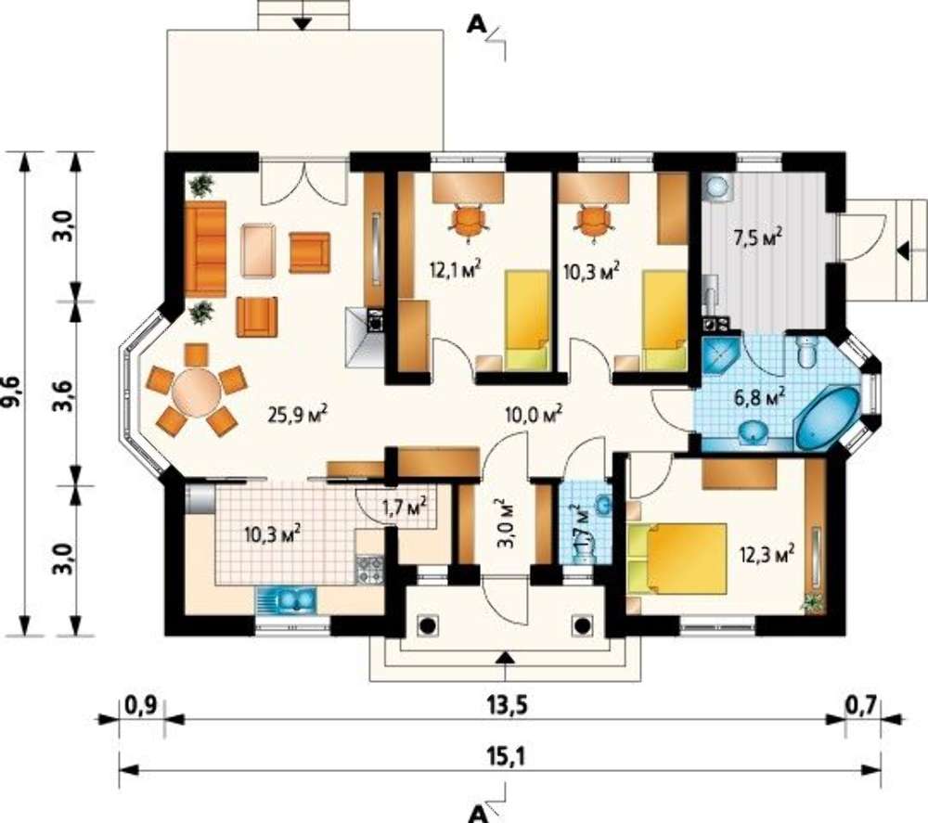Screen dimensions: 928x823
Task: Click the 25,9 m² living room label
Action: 298,414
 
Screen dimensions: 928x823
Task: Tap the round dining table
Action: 196,392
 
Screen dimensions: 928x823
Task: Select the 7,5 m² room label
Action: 758,237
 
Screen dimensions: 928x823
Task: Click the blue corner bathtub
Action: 827,418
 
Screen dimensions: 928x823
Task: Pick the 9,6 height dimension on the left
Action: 14,392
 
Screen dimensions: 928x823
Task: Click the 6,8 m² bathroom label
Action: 760,396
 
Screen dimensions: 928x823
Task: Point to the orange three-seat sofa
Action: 205,249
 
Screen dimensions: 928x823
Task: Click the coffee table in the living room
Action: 258,250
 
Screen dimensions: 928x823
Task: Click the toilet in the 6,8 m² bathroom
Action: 806,353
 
